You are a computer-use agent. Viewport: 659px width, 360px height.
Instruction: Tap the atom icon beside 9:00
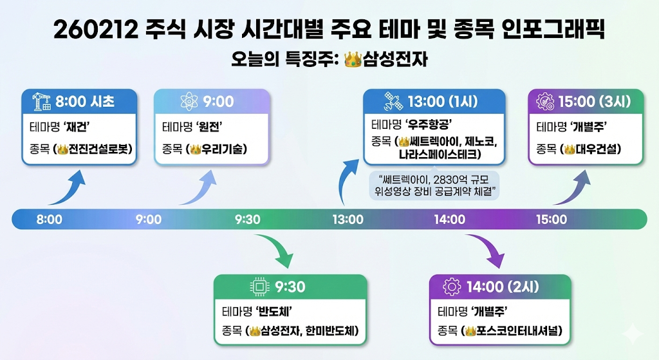tap(190, 101)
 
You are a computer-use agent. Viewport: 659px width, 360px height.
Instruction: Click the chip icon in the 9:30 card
tap(260, 287)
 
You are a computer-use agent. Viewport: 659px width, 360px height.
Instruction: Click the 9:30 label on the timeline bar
tap(248, 220)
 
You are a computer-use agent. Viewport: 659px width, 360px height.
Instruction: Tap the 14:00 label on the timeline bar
tap(449, 220)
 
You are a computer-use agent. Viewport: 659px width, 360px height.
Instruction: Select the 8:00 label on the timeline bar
tap(50, 220)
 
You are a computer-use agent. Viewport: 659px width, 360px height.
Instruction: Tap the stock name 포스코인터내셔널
tap(518, 331)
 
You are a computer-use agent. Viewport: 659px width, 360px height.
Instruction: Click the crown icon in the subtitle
tap(353, 60)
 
